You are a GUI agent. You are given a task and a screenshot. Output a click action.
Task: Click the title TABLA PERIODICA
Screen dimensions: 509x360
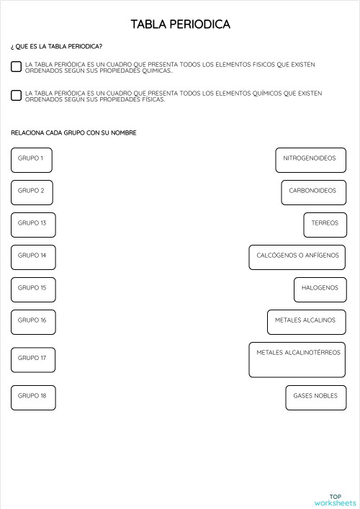coord(180,24)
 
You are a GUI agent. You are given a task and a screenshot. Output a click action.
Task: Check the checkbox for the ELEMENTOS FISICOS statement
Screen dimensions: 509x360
coord(16,67)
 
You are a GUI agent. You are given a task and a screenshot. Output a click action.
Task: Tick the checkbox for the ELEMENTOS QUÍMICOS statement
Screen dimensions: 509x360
coord(16,95)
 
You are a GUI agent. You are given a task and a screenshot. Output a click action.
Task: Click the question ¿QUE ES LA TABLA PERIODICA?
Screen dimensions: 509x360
coord(56,47)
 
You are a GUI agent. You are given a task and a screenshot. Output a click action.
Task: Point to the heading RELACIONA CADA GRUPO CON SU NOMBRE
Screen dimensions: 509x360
coord(73,133)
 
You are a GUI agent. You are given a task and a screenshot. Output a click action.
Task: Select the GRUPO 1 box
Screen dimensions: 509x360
coord(32,160)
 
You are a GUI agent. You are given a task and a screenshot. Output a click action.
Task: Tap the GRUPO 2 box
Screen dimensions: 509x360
coord(32,192)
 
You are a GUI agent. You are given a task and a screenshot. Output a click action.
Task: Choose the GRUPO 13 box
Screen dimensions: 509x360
coord(33,225)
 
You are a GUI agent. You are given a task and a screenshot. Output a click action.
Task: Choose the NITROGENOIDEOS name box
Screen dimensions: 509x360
coord(310,160)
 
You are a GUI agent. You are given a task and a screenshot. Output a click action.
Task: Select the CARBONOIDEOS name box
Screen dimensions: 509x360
coord(313,192)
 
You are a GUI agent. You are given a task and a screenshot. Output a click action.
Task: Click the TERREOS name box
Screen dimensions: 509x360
coord(325,225)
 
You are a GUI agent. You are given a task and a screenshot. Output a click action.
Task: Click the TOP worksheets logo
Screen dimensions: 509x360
coord(336,500)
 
